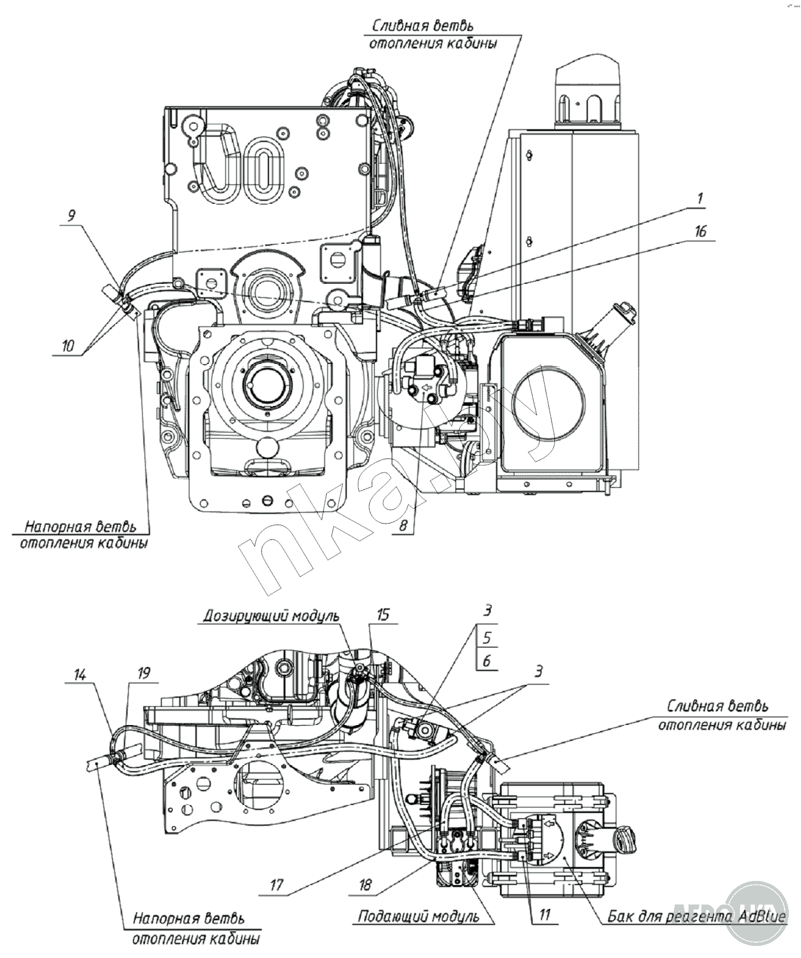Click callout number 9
click(x=72, y=216)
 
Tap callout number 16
click(x=701, y=232)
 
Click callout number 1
click(x=700, y=198)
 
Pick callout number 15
click(x=383, y=615)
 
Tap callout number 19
click(x=144, y=673)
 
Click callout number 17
click(x=277, y=885)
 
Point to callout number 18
click(x=365, y=885)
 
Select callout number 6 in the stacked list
click(x=487, y=660)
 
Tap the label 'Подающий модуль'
click(x=418, y=916)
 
